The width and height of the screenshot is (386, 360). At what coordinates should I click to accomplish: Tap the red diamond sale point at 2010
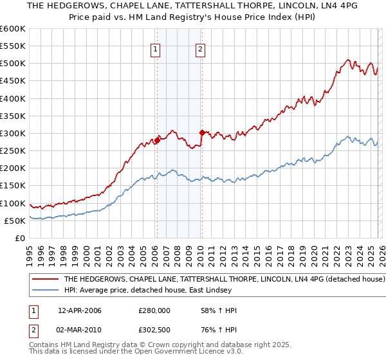201,133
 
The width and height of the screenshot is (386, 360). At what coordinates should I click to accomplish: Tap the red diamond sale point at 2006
157,140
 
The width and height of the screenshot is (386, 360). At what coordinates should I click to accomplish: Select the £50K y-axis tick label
15,221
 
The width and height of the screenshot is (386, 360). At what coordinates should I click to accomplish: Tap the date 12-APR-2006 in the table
79,310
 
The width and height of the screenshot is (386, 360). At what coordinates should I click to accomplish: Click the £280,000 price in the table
154,310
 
